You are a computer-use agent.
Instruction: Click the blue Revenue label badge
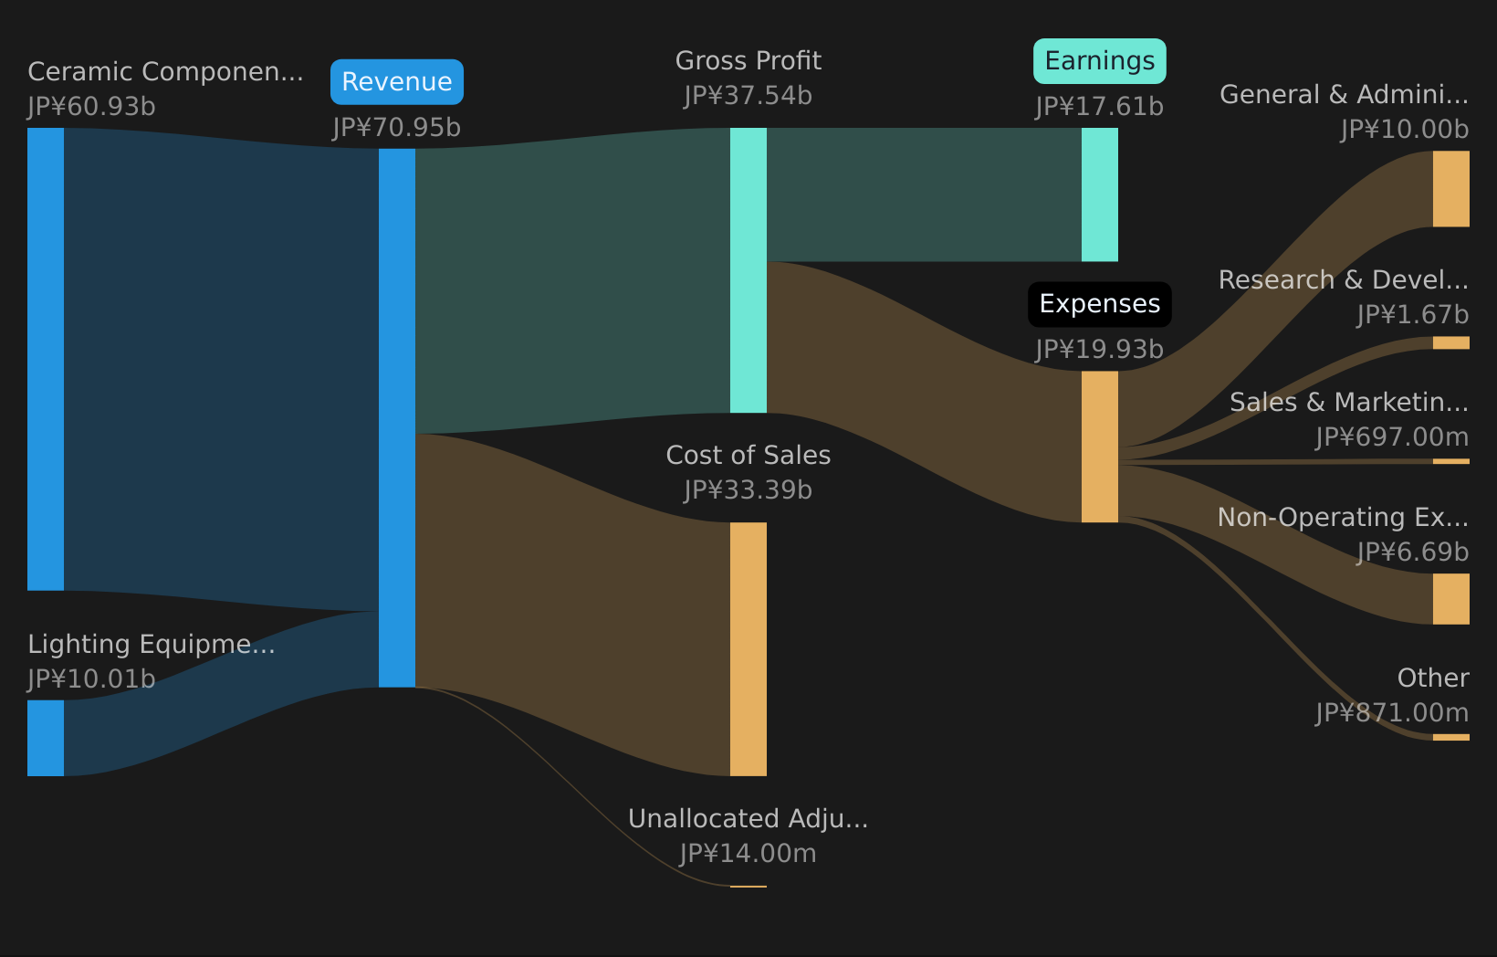click(x=397, y=82)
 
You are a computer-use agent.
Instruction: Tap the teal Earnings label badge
click(x=1099, y=61)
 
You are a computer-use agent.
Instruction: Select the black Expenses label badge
click(x=1099, y=304)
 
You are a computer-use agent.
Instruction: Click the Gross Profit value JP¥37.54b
click(x=748, y=96)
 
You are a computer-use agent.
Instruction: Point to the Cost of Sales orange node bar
click(x=748, y=648)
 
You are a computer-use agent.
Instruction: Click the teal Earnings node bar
click(x=1099, y=195)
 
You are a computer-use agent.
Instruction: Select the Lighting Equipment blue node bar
click(x=46, y=738)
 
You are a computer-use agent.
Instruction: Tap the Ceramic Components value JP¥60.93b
click(x=91, y=107)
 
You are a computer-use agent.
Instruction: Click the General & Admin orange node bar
click(x=1450, y=189)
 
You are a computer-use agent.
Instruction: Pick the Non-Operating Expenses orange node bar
click(x=1450, y=599)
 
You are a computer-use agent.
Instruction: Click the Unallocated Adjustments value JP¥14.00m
click(x=748, y=854)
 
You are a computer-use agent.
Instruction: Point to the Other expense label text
click(x=1432, y=678)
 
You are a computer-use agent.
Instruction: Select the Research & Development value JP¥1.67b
click(x=1412, y=315)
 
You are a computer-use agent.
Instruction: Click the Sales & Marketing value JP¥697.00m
click(x=1392, y=437)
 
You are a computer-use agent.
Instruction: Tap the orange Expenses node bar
click(x=1099, y=447)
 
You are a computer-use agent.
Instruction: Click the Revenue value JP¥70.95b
click(x=397, y=128)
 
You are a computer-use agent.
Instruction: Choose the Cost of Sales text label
click(x=748, y=456)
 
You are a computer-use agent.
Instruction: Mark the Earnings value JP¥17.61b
click(x=1099, y=107)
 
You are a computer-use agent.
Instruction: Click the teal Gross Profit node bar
click(x=748, y=270)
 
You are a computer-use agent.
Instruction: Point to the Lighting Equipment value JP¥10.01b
click(x=91, y=679)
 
